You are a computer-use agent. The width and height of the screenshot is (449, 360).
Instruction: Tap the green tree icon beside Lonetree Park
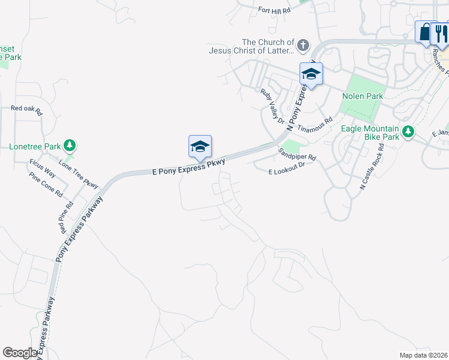pyautogui.click(x=70, y=145)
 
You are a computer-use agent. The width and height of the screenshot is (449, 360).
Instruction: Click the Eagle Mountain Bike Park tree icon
pyautogui.click(x=408, y=131)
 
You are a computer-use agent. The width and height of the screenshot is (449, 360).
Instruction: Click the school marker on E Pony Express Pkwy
pyautogui.click(x=200, y=146)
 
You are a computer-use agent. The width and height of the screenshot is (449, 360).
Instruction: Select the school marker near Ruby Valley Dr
pyautogui.click(x=311, y=74)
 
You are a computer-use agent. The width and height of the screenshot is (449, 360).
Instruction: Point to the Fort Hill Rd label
pyautogui.click(x=274, y=10)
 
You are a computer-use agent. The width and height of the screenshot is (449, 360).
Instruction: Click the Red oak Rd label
pyautogui.click(x=27, y=110)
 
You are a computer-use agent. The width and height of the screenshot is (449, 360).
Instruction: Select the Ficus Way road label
pyautogui.click(x=43, y=168)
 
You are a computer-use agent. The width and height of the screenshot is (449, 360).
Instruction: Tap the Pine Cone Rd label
pyautogui.click(x=46, y=184)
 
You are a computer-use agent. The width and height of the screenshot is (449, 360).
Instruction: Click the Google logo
pyautogui.click(x=20, y=353)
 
